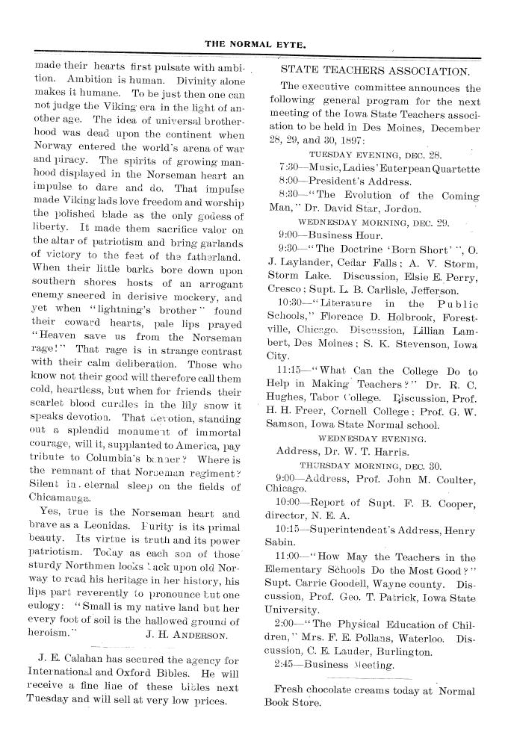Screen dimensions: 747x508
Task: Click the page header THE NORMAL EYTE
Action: tap(255, 44)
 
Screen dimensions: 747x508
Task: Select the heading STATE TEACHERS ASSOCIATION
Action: tap(375, 72)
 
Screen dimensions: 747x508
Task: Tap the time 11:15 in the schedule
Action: tap(289, 371)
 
